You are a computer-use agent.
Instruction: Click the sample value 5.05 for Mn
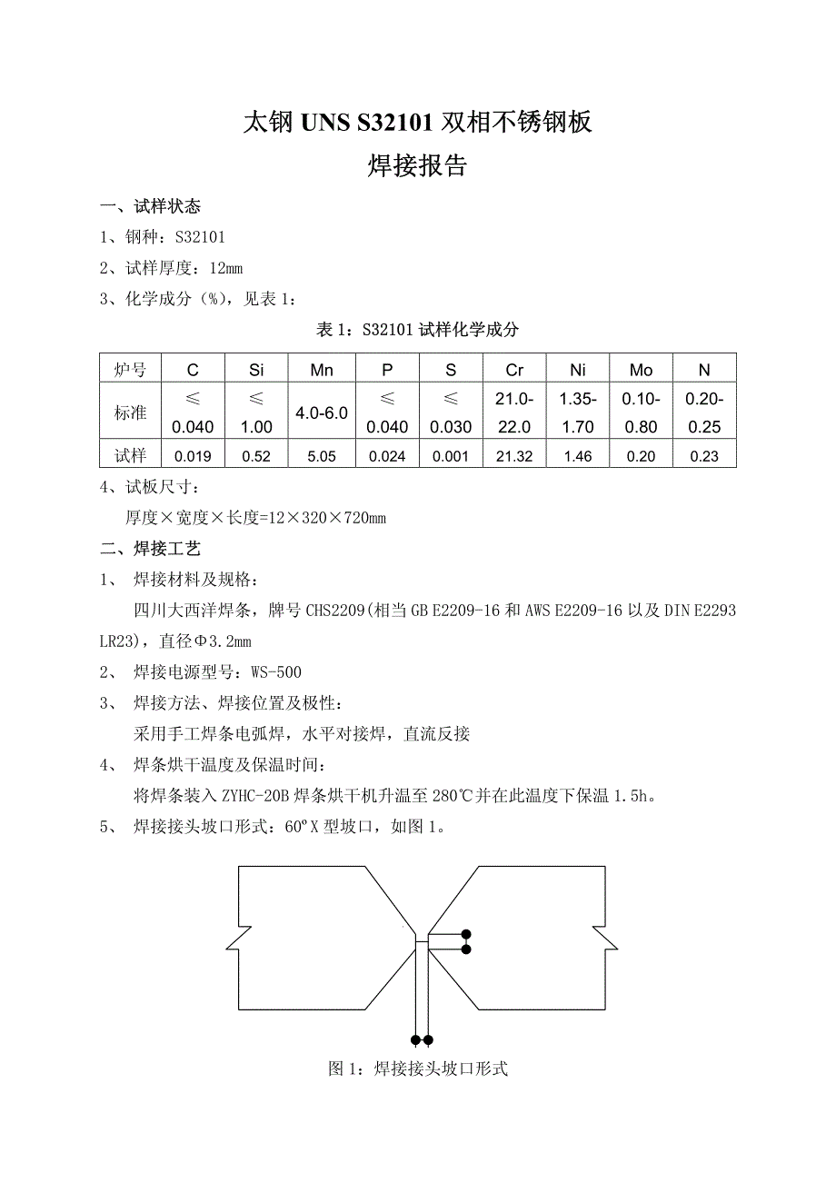[322, 456]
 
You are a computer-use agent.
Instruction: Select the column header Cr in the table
[514, 370]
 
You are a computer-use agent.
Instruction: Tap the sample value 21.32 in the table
[514, 456]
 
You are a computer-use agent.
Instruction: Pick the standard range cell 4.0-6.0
[322, 413]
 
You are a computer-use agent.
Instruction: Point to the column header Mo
[641, 370]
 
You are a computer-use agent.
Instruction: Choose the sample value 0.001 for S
[451, 456]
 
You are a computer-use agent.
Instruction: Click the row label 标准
[130, 413]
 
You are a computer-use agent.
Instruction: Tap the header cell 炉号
[130, 370]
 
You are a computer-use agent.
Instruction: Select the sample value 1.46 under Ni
[578, 456]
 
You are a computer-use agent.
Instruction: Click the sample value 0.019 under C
[193, 456]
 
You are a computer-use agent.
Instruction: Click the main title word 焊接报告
[417, 166]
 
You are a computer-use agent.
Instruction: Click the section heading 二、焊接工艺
[150, 548]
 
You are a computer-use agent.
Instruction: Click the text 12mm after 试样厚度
[226, 267]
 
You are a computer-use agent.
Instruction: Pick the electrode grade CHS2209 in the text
[333, 611]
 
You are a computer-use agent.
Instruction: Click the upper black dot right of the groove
[466, 934]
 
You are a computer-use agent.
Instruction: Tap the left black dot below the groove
[415, 1039]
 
